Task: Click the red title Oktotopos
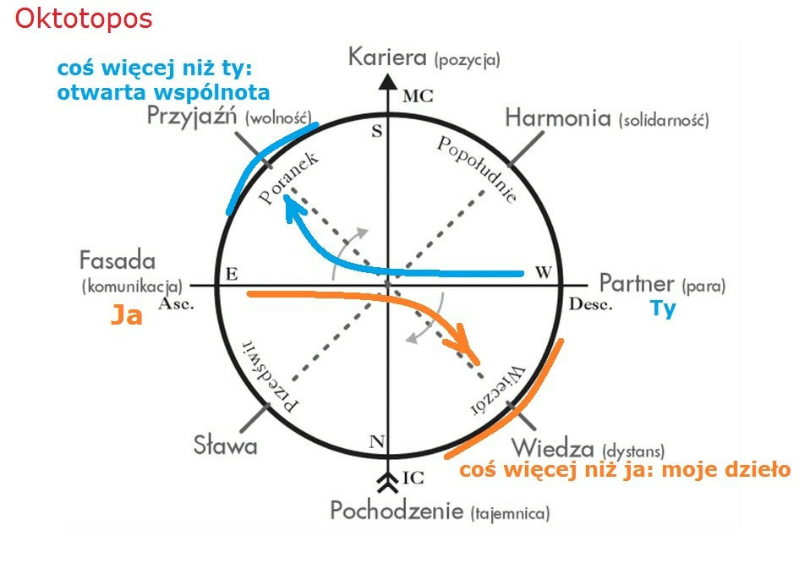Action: click(x=84, y=19)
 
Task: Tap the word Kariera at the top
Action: click(x=388, y=58)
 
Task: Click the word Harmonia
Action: click(x=558, y=118)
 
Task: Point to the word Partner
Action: click(x=637, y=283)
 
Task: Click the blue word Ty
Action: click(x=663, y=309)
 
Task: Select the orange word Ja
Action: click(x=126, y=316)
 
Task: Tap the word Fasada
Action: click(x=118, y=260)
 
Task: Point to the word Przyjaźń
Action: click(x=193, y=117)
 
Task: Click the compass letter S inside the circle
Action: click(x=377, y=131)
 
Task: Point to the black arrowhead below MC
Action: click(x=387, y=82)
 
